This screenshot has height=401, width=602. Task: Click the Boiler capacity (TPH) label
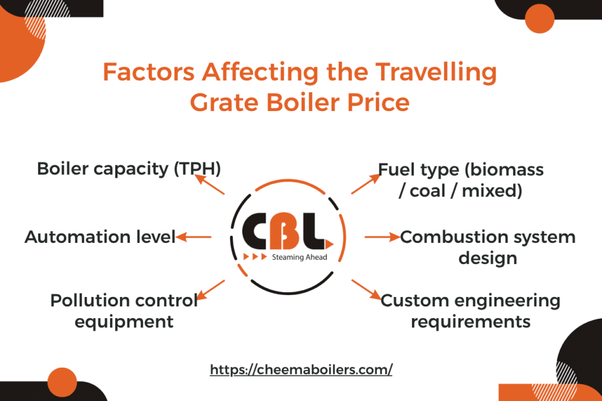(129, 169)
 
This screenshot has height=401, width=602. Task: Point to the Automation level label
(100, 237)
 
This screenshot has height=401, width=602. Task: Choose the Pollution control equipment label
(123, 310)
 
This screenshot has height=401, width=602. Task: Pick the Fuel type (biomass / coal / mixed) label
(460, 180)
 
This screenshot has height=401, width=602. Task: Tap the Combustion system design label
(487, 247)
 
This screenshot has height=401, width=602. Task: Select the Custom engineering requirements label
(470, 310)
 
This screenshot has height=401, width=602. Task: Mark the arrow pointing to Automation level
(194, 237)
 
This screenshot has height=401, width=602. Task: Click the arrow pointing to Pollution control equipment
(212, 290)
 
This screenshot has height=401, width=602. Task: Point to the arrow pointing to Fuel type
(365, 184)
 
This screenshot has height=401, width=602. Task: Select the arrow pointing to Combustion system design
(382, 237)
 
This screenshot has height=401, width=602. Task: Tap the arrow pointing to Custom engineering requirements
(365, 289)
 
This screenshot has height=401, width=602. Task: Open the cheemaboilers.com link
(301, 370)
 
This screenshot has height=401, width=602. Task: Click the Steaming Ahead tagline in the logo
(299, 258)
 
